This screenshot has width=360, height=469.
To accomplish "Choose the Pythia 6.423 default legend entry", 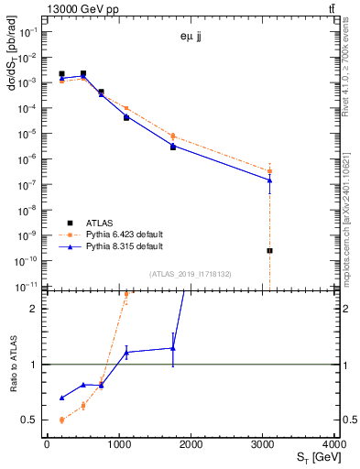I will (125, 234).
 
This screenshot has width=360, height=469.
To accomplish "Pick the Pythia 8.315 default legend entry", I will (125, 246).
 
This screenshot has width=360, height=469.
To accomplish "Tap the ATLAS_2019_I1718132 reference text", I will (191, 273).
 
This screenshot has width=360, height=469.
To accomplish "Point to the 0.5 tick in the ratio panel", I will (33, 420).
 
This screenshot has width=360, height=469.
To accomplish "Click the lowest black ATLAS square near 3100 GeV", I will (269, 250).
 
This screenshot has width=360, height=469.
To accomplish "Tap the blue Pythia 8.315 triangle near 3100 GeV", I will (269, 180).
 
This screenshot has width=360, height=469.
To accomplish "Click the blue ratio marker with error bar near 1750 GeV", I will (173, 348).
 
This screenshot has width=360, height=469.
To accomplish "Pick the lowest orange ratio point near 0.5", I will (61, 420).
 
